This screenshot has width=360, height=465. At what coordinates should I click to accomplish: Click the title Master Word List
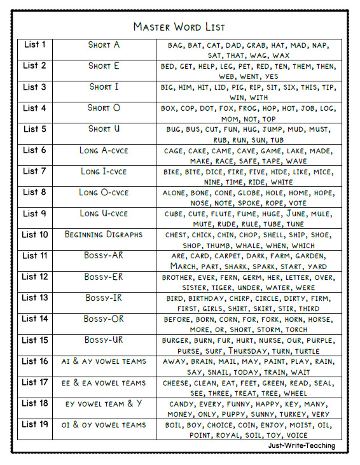179,27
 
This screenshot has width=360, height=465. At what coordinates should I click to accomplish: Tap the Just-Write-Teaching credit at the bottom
301,445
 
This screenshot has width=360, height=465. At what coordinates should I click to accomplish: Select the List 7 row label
34,171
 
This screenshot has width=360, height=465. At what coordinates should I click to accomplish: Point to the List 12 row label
34,277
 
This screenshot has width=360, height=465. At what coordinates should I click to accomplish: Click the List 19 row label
34,424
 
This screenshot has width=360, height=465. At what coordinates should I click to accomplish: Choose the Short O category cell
104,108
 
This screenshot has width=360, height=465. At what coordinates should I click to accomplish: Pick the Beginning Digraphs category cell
104,235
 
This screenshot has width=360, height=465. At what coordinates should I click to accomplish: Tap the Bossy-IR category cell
104,298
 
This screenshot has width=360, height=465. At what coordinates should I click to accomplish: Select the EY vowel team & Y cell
104,403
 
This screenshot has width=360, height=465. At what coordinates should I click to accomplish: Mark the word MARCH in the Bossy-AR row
183,267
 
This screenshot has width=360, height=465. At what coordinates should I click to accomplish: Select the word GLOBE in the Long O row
249,193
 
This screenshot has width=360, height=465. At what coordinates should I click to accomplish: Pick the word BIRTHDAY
210,298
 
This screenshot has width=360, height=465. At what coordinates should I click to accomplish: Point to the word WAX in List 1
281,56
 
